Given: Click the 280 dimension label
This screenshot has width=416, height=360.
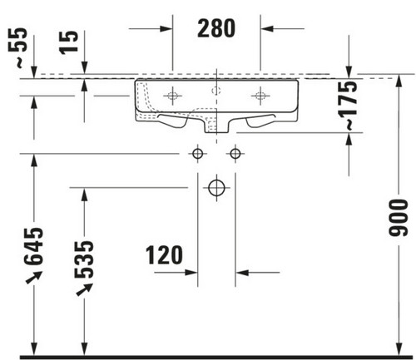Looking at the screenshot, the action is (216, 28).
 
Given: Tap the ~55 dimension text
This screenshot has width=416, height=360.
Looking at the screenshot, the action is (18, 47).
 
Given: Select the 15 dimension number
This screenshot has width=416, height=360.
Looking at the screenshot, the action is (68, 42).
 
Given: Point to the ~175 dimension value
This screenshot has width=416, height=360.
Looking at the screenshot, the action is (348, 105).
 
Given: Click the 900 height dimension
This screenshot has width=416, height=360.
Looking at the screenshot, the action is (399, 218).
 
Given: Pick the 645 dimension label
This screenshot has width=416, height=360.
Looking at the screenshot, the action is (33, 246).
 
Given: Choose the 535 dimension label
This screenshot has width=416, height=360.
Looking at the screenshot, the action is (84, 259).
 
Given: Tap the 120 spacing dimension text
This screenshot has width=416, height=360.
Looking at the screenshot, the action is (164, 255).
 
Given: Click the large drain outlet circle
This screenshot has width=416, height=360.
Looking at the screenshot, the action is (216, 188).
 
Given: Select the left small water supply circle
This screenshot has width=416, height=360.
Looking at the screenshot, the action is (197, 153).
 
